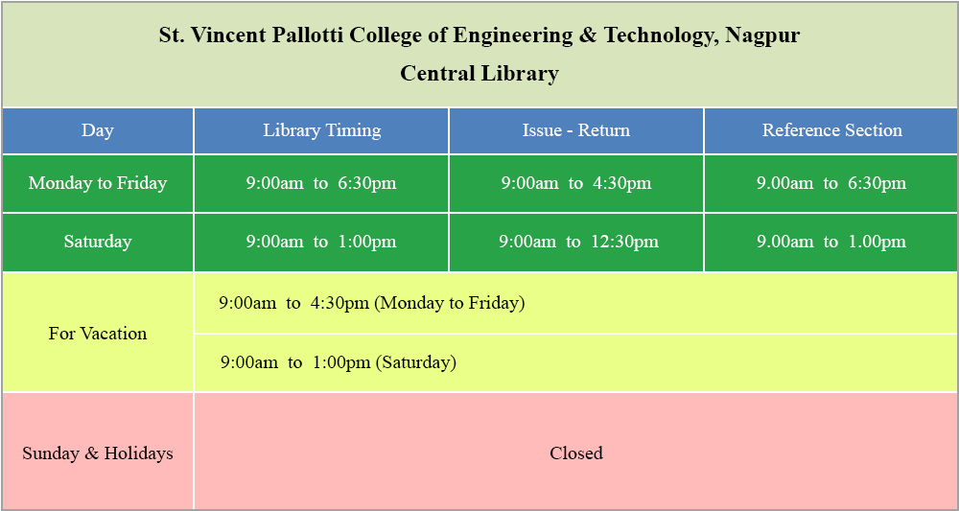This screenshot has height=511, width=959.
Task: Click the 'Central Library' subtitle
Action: (x=479, y=74)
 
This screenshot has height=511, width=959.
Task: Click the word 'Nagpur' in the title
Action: (x=762, y=36)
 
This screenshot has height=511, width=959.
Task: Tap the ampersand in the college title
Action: (x=583, y=35)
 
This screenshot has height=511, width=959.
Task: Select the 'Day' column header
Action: (x=98, y=130)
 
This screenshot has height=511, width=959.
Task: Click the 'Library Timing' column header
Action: (x=321, y=130)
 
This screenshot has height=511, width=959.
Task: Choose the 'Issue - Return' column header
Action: (x=576, y=130)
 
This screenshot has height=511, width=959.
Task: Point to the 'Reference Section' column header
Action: (x=831, y=130)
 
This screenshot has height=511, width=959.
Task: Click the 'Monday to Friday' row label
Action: (x=98, y=183)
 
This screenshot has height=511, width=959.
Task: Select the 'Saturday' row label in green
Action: (x=98, y=242)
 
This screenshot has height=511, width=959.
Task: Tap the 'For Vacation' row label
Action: (x=98, y=333)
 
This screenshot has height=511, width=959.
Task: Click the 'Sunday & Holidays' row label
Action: (x=98, y=453)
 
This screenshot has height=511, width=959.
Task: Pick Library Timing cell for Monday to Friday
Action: (x=321, y=183)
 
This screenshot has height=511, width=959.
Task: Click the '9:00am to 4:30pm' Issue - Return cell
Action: (x=576, y=183)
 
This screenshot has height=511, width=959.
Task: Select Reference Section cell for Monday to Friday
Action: (x=831, y=183)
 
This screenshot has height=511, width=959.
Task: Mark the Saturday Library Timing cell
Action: (x=321, y=242)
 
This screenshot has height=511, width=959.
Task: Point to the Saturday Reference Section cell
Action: (x=831, y=242)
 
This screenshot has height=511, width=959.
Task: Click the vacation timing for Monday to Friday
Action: (x=372, y=303)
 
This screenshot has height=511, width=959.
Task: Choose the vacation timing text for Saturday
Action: (x=339, y=362)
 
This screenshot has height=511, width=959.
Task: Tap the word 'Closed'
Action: (x=576, y=453)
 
